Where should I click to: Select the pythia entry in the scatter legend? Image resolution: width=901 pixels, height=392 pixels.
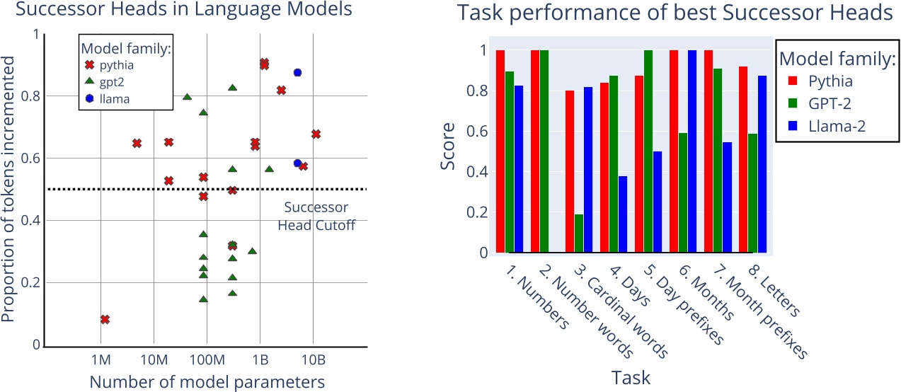(x=115, y=66)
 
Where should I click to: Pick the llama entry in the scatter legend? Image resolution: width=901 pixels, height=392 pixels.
(x=113, y=99)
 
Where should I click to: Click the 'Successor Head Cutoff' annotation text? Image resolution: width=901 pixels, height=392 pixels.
(x=316, y=217)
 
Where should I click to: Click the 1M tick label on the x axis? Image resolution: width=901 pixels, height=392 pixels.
(x=101, y=359)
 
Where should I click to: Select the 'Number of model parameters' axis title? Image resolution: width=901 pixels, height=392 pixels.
(x=207, y=382)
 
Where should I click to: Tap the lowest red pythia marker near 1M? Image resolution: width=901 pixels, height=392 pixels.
(x=105, y=320)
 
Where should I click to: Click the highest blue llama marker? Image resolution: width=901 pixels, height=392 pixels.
(x=298, y=73)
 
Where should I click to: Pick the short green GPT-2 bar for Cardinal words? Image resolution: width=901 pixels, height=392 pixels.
(x=579, y=233)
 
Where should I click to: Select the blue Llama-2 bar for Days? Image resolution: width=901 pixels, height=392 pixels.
(x=622, y=214)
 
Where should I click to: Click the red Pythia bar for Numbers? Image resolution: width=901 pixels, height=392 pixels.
(x=500, y=151)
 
